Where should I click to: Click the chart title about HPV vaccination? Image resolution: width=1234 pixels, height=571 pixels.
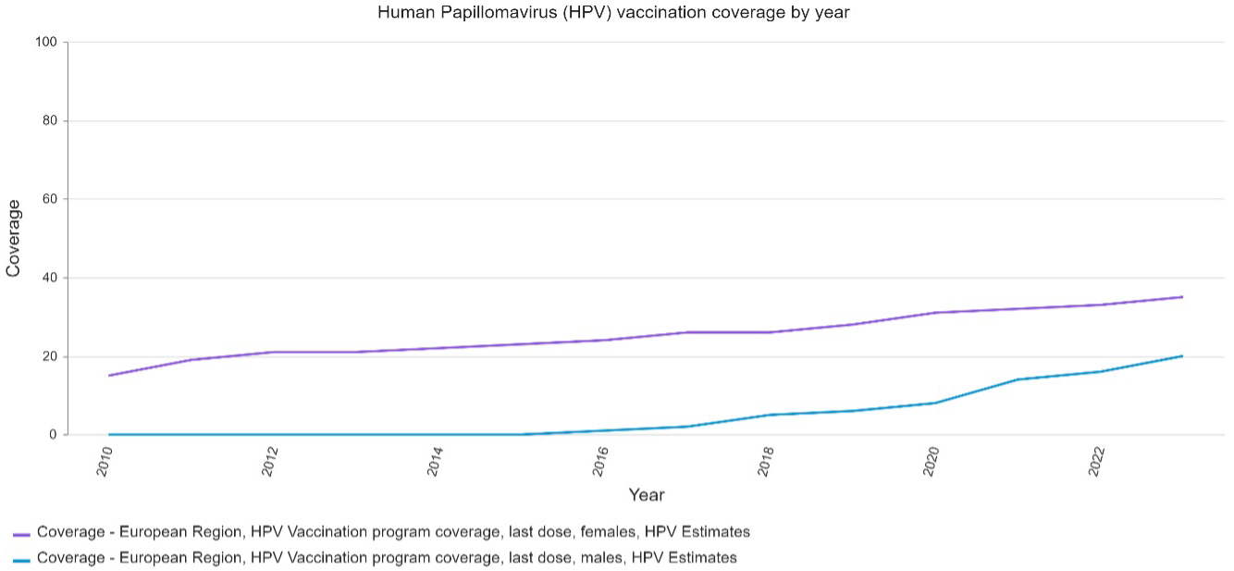click(x=613, y=13)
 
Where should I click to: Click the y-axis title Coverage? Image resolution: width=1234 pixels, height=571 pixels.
click(x=14, y=238)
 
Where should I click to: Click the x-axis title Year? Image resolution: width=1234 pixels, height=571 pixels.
click(x=647, y=495)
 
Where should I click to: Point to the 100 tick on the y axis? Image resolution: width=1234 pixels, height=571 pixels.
click(x=47, y=43)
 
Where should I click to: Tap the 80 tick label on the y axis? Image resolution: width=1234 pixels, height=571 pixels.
click(x=50, y=121)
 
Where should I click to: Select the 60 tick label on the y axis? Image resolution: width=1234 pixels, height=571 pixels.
click(x=50, y=200)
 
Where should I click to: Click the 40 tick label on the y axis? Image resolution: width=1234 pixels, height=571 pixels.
click(x=50, y=279)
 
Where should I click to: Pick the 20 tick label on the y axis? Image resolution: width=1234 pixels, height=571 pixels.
click(x=50, y=357)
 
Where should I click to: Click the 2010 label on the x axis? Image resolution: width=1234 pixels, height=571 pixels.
click(x=105, y=459)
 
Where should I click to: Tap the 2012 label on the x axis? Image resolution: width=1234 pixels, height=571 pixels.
click(x=271, y=459)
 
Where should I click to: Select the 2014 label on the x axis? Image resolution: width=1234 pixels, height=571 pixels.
click(x=436, y=459)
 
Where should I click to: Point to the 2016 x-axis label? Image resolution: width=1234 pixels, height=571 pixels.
click(x=601, y=459)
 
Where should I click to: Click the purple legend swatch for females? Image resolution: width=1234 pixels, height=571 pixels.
click(x=21, y=534)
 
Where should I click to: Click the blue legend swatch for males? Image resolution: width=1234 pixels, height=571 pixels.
click(x=21, y=560)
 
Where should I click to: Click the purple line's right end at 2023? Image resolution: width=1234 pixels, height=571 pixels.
click(x=1182, y=297)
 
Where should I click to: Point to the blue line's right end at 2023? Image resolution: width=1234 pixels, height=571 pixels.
click(x=1182, y=356)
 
